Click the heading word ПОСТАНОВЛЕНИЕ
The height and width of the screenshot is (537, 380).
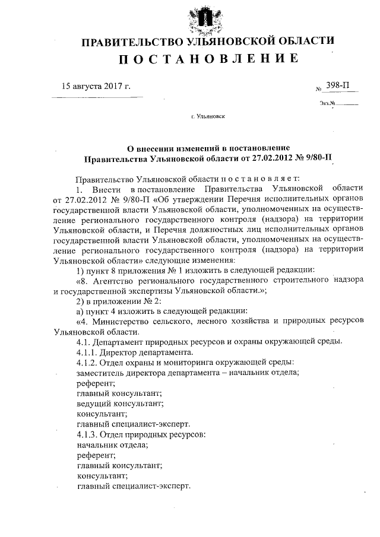(x=207, y=59)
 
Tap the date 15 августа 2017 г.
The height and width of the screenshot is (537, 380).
(x=96, y=85)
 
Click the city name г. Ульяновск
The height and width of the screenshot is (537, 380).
(x=208, y=117)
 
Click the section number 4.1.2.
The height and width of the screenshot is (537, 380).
(x=88, y=361)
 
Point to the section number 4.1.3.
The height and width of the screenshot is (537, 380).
(x=88, y=434)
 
